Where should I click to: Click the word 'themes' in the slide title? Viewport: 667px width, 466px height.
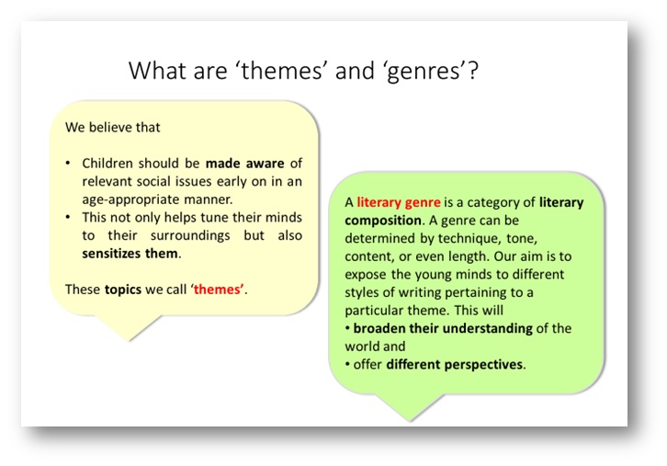(282, 71)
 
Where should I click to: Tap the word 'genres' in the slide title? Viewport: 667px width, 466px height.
(424, 73)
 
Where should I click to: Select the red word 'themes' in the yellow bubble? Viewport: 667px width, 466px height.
(219, 290)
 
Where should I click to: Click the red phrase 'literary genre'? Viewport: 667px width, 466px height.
(398, 202)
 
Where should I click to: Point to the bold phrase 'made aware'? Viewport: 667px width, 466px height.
(245, 164)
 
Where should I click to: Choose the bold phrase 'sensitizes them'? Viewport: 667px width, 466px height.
(130, 254)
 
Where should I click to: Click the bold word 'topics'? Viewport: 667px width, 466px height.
(123, 290)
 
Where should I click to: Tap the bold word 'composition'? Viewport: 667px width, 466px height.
(383, 221)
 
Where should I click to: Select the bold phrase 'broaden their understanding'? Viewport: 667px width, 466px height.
(443, 328)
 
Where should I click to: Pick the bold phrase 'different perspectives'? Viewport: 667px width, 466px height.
(454, 365)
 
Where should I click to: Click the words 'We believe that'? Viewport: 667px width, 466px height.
(113, 127)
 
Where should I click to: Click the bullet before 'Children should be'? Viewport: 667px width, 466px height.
(68, 164)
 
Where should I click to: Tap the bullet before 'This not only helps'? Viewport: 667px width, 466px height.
(68, 218)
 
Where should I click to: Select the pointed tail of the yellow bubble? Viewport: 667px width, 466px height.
(129, 339)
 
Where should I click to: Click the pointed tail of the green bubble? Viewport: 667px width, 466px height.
(410, 420)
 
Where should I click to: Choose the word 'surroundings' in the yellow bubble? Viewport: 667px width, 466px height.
(190, 236)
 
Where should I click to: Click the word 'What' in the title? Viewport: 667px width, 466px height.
(157, 71)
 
